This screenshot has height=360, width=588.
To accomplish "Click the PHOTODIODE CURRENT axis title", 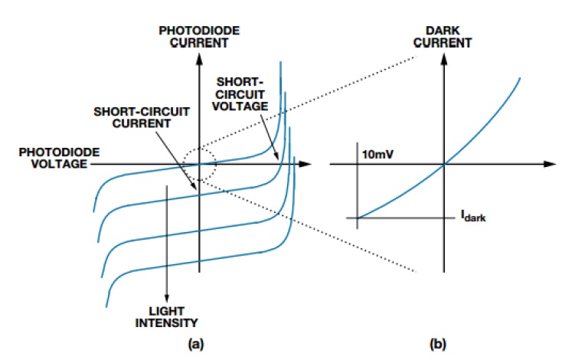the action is (x=199, y=36).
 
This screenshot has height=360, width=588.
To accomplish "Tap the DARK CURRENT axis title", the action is (x=443, y=36).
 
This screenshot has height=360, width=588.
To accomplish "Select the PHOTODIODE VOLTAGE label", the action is (x=59, y=158).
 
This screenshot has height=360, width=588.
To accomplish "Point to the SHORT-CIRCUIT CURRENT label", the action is (x=142, y=117).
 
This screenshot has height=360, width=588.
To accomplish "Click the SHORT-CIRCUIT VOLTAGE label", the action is (x=240, y=94).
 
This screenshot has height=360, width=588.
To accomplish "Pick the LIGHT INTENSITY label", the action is (x=166, y=317).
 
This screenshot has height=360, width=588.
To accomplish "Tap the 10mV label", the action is (x=377, y=154).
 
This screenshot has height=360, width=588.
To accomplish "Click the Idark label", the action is (x=473, y=216).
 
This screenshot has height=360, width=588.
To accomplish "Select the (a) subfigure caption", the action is (x=196, y=344).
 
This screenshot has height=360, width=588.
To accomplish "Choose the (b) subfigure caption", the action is (x=438, y=344).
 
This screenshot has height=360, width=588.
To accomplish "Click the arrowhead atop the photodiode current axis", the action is (x=200, y=58).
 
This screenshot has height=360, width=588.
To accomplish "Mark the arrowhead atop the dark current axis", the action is (x=444, y=58).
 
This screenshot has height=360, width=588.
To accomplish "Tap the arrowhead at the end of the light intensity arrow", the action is (x=166, y=298).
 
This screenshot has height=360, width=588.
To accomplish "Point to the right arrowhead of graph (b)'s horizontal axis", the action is (x=550, y=164).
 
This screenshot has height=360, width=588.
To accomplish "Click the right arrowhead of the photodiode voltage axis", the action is (x=305, y=164).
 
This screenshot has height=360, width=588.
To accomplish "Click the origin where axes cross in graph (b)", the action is (x=444, y=164).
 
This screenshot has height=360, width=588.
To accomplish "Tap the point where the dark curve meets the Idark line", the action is (x=358, y=218).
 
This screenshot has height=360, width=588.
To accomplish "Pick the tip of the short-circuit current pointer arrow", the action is (x=196, y=189).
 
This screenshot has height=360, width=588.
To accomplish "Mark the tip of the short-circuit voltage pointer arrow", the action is (x=278, y=160).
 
